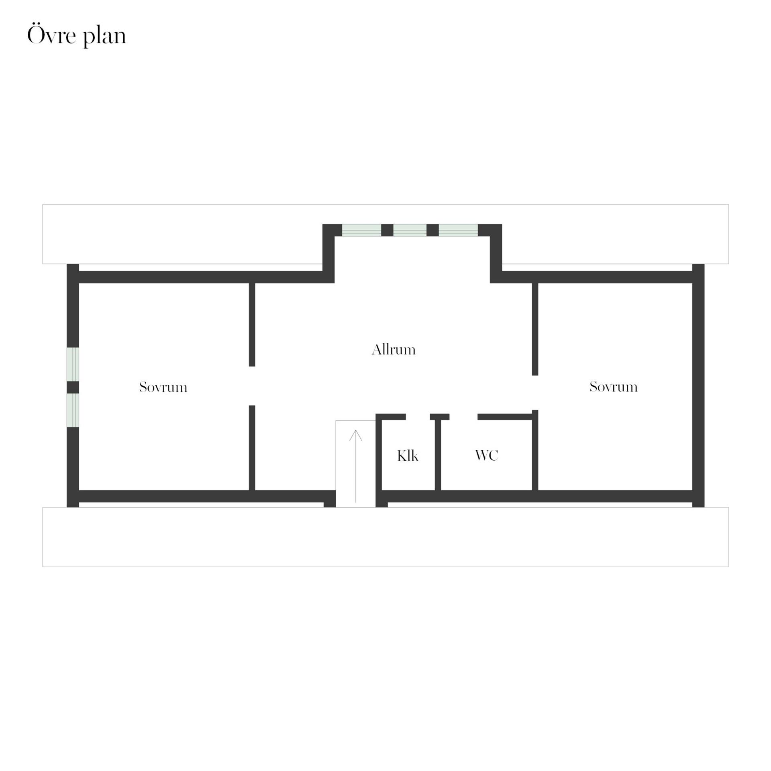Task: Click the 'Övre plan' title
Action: [76, 36]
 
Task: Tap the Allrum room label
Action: [394, 350]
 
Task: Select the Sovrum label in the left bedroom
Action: [163, 387]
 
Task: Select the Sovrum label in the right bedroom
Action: [614, 387]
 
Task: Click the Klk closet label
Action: [408, 456]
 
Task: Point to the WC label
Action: [487, 455]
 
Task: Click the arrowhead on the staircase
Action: [356, 435]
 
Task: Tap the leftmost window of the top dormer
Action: [361, 230]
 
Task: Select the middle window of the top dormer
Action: [410, 230]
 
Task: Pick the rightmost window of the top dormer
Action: [458, 230]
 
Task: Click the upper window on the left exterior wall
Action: [73, 364]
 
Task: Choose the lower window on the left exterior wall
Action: [73, 410]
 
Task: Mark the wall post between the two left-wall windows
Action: [73, 387]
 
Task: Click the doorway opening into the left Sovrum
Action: [252, 386]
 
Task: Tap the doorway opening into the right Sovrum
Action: [535, 393]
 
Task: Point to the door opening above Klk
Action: [418, 417]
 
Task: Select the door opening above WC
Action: [463, 417]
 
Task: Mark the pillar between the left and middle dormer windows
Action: [387, 230]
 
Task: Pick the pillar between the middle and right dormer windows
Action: [432, 230]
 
